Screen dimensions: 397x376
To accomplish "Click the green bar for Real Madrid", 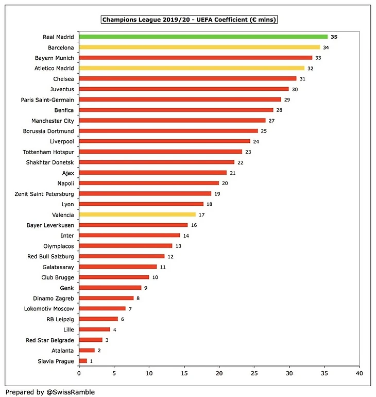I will pos(203,37).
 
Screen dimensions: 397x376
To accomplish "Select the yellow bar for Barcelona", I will pos(200,47).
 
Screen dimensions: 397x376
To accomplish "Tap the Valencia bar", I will pos(138,214).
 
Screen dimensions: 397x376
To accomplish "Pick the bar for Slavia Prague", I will pos(83,361).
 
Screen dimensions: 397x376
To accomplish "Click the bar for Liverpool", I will pos(164,141).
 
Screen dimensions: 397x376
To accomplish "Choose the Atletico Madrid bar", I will pos(196,68).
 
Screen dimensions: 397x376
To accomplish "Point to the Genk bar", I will pos(110,288).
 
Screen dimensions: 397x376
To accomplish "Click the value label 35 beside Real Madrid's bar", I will pos(334,37).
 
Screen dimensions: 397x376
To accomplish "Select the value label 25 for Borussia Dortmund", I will pos(264,131).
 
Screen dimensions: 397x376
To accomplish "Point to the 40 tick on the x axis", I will pos(360,373).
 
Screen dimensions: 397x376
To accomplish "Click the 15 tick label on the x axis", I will pos(184,373).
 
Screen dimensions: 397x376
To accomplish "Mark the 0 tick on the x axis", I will pos(79,373).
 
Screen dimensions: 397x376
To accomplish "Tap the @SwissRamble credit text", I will pos(50,392).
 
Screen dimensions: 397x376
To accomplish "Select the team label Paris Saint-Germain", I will pos(47,100).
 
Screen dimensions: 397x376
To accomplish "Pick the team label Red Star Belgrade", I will pos(50,340).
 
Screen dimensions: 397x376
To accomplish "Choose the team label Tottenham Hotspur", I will pos(48,152).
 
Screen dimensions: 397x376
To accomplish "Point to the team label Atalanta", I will pos(62,351).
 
